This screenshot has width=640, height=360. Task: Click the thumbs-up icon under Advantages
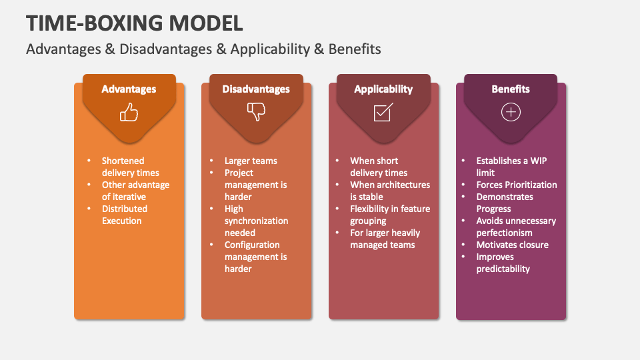tap(129, 112)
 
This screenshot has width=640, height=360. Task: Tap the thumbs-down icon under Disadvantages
tap(256, 111)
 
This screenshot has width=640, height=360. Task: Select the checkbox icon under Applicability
tap(383, 112)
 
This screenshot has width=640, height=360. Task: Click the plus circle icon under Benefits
tap(511, 112)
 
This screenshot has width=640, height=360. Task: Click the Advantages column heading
tap(129, 89)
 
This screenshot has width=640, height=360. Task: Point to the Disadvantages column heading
tap(256, 89)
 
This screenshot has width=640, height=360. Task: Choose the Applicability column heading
tap(383, 89)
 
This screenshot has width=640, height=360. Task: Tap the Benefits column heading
tap(511, 89)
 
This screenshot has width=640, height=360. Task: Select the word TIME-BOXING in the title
tap(94, 23)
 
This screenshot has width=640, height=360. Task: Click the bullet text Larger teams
tap(251, 161)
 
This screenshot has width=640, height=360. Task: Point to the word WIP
tap(539, 161)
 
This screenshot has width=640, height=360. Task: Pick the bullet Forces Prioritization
tap(516, 185)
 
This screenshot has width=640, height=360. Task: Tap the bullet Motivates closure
tap(512, 245)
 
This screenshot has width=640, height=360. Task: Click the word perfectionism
tap(504, 233)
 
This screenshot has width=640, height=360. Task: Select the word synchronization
tap(256, 221)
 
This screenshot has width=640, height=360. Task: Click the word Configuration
tap(252, 245)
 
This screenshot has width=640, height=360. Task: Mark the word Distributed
tap(125, 209)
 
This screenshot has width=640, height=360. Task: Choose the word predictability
tap(503, 269)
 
